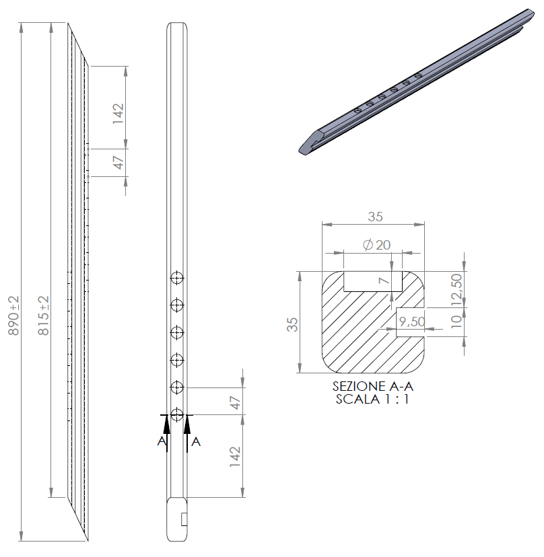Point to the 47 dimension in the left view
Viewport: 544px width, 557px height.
coord(118,162)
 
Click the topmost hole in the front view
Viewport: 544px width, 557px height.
coord(177,278)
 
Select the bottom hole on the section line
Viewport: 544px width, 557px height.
coord(177,414)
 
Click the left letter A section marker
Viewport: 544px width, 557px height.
coord(162,441)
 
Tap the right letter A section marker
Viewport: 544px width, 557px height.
coord(195,441)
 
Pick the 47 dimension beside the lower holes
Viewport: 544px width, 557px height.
coord(235,402)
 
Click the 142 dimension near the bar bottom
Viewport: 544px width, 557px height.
coord(235,457)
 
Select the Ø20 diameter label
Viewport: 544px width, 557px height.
coord(376,245)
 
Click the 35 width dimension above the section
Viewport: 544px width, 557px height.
coord(374,217)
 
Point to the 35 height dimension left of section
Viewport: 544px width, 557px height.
coord(292,325)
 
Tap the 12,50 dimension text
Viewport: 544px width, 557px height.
coord(457,289)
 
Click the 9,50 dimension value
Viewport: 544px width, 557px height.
coord(411,322)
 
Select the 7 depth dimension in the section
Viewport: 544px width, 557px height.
coord(384,280)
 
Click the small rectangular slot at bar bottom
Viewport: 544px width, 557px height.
coord(184,519)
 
